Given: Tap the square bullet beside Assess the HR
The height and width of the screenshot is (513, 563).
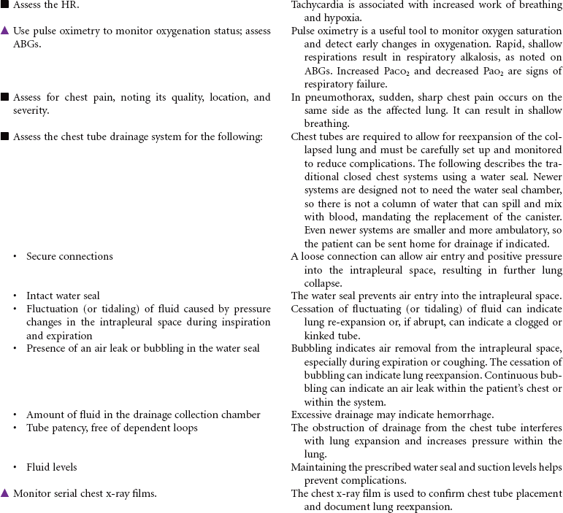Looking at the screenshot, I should (5, 5).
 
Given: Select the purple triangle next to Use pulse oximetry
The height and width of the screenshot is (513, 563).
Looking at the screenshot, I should (5, 31).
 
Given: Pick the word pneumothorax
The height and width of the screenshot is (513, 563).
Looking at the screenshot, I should (334, 98).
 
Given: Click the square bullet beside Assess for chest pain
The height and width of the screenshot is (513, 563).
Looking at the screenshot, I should (5, 97).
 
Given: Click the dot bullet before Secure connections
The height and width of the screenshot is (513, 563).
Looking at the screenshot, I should (15, 257).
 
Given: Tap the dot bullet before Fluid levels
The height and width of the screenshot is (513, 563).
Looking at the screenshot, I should (15, 468).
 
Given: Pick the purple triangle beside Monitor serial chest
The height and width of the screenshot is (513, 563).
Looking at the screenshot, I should (5, 493).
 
